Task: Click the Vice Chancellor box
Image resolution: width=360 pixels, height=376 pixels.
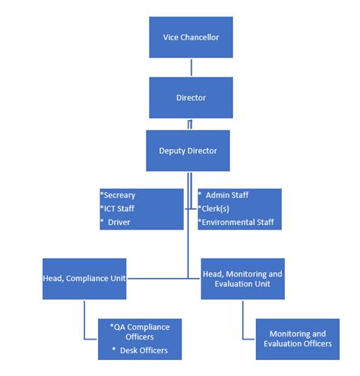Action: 191,36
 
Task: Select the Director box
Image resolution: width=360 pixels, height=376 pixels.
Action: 191,97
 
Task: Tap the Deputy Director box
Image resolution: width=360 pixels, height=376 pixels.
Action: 188,150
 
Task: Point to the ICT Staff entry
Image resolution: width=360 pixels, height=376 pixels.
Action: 122,208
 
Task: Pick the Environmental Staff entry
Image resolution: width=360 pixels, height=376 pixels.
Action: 237,222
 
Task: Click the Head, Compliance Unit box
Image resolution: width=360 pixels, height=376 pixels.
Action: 84,277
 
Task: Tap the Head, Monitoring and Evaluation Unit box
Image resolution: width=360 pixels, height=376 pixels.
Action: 242,277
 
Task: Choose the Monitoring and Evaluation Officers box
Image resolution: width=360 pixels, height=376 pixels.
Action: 298,339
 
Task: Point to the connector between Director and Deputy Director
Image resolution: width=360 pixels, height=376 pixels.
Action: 191,124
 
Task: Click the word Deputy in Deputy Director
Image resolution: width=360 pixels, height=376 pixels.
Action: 172,150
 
